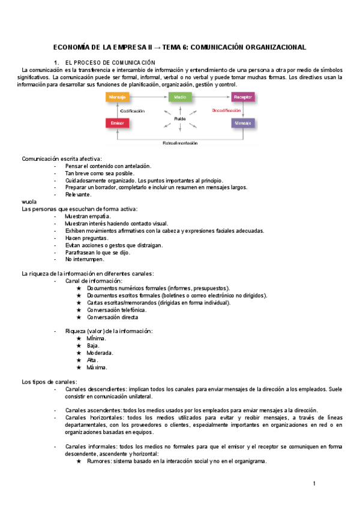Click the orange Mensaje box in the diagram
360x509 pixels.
116,97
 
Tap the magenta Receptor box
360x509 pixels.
243,97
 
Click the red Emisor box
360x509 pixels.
116,124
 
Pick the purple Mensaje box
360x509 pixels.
243,124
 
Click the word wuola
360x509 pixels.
29,202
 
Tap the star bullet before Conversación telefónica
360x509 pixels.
79,310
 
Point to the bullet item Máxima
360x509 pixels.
97,367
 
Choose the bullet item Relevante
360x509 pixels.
78,194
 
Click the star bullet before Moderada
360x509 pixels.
79,353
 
